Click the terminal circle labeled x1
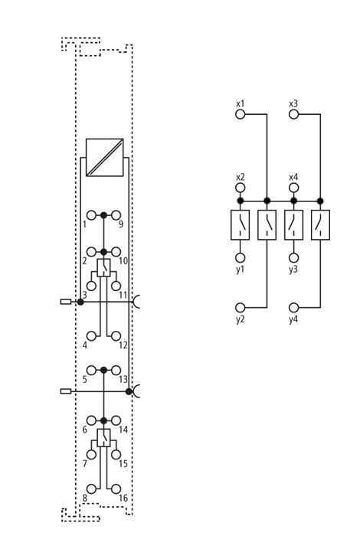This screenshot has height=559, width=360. (241, 114)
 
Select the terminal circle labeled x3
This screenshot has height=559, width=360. (293, 114)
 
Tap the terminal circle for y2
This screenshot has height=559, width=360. (241, 307)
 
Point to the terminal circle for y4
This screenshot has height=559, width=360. (293, 307)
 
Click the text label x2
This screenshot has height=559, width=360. (241, 177)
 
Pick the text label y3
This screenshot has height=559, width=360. (293, 270)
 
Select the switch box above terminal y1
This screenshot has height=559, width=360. (240, 225)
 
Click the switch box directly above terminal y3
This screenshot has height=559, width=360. (293, 225)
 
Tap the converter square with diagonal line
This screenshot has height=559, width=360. (105, 158)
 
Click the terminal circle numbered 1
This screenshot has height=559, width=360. (92, 215)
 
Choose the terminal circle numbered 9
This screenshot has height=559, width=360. (116, 215)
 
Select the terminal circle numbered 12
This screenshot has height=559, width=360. (116, 336)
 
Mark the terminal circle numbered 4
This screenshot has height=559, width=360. (92, 336)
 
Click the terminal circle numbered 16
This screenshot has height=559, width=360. (116, 489)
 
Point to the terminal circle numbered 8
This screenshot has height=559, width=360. (92, 489)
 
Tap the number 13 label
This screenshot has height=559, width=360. (123, 379)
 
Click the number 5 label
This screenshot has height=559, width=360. (84, 379)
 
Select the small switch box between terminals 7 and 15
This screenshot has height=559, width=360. (103, 438)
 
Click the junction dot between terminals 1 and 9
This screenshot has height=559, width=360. (103, 215)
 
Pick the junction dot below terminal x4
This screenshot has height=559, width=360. (293, 201)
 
